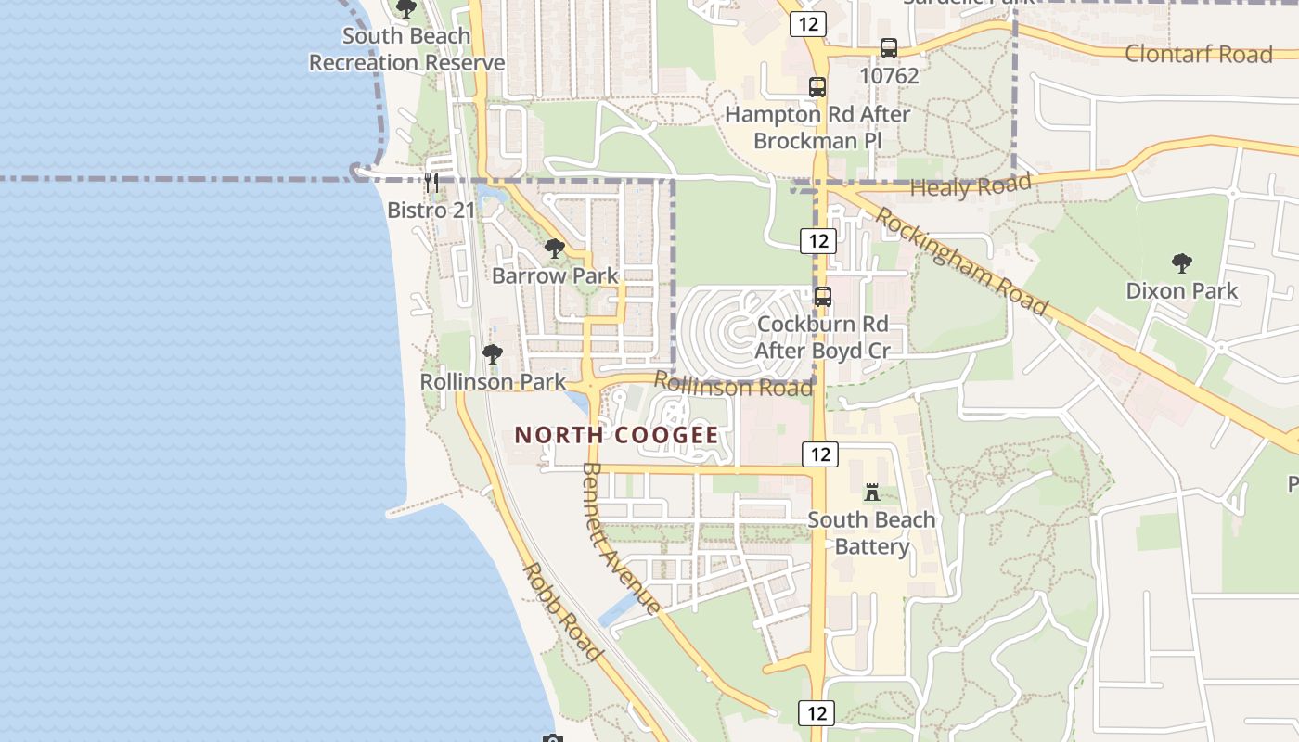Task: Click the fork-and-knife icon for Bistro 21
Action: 431,182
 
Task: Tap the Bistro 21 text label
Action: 431,210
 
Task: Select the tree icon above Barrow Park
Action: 555,249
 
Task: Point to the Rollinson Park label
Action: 493,381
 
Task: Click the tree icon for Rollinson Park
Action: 493,354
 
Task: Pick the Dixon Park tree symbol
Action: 1181,263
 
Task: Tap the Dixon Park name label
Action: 1181,291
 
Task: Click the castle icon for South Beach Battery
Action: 871,492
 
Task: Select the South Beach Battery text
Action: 871,532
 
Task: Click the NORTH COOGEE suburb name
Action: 616,435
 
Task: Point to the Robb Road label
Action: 562,612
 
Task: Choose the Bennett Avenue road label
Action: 621,538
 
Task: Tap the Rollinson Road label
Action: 733,384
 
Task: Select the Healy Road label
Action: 971,185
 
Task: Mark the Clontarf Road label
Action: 1198,54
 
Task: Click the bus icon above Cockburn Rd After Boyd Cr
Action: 822,297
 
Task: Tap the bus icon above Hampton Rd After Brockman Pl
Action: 817,87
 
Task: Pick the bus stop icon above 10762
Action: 889,48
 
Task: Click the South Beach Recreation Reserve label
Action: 406,49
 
